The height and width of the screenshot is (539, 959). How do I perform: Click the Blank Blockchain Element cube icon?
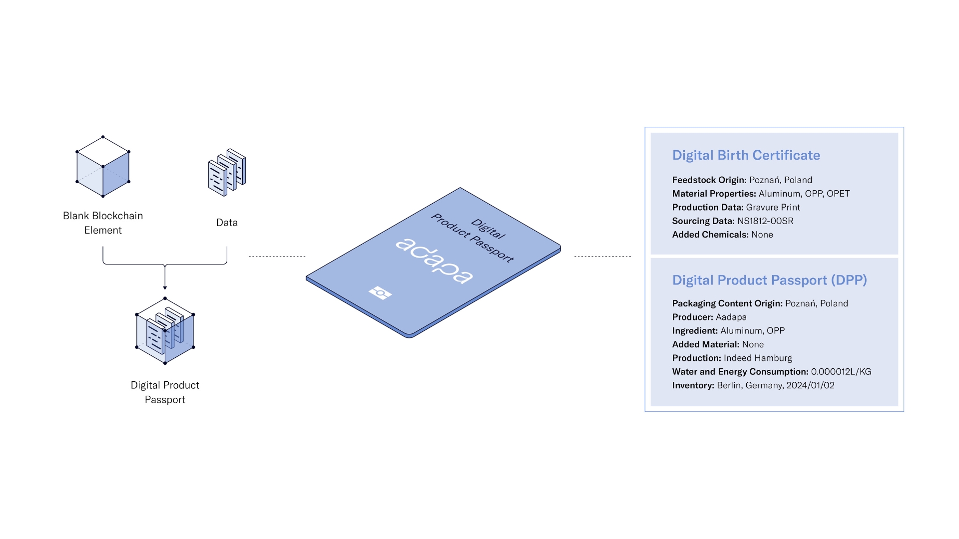(103, 166)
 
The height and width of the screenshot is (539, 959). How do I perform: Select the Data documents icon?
(227, 172)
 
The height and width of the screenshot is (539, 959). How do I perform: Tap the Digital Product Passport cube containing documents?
(165, 331)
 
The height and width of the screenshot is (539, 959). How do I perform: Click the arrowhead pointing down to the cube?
(165, 287)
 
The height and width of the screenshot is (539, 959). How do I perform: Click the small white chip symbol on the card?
(380, 292)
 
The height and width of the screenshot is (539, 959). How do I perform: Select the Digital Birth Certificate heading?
(746, 155)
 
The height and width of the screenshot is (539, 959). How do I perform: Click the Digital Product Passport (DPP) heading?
(770, 280)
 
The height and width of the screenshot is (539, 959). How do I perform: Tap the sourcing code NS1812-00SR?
(765, 221)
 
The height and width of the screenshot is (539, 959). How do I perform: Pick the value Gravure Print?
(773, 207)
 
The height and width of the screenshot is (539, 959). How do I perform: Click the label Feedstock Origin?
(709, 180)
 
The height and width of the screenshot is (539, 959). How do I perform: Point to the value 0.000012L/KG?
(841, 371)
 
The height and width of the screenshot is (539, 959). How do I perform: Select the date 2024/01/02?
(811, 385)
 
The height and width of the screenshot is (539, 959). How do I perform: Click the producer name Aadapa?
(731, 317)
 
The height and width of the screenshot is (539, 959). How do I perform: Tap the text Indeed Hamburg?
(758, 358)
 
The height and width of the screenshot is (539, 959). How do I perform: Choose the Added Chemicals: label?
(710, 235)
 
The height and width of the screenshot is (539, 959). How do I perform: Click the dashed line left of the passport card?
(277, 257)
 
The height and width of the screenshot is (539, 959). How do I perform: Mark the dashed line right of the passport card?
(603, 257)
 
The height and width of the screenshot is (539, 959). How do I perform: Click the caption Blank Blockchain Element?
(103, 223)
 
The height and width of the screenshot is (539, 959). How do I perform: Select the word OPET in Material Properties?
(838, 194)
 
